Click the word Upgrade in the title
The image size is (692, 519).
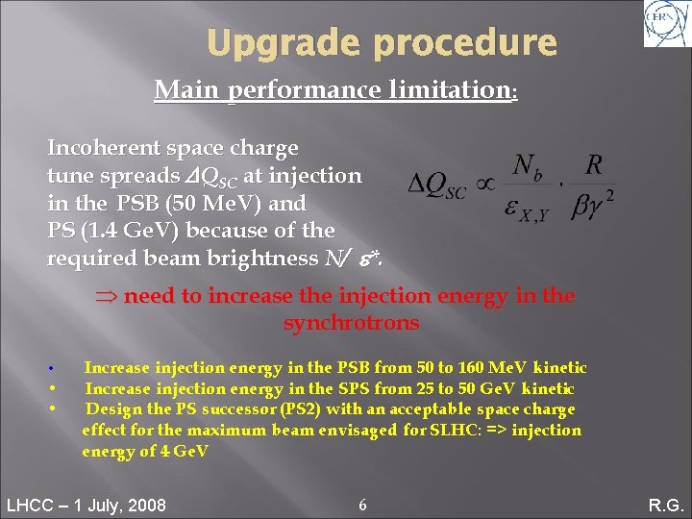pos(269,43)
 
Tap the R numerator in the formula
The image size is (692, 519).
pos(595,164)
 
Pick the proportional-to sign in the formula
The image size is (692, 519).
pos(486,184)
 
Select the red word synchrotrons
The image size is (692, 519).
pos(351,323)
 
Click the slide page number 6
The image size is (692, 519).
pos(361,505)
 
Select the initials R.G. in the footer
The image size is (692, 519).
pos(664,506)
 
